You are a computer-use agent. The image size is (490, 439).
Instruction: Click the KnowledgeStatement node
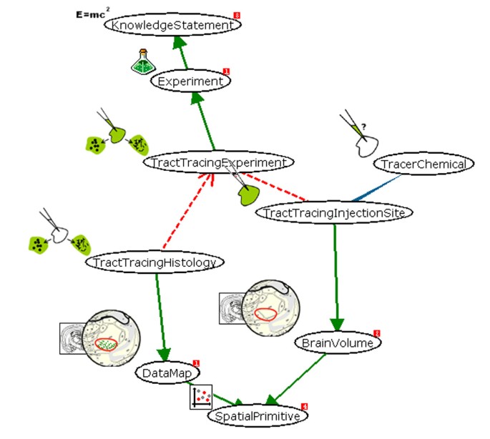[x=172, y=25]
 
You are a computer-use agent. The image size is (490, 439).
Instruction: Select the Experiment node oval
[x=190, y=82]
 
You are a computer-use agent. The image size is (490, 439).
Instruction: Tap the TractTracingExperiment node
[x=218, y=163]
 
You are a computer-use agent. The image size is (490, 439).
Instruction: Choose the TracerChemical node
[x=423, y=164]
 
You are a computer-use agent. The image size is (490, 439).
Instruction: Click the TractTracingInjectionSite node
[x=334, y=212]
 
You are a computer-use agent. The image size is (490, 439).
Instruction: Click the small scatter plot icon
[x=201, y=397]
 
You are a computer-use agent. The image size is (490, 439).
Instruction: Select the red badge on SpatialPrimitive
[x=304, y=406]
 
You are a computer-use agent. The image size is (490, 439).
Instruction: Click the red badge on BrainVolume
[x=376, y=334]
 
